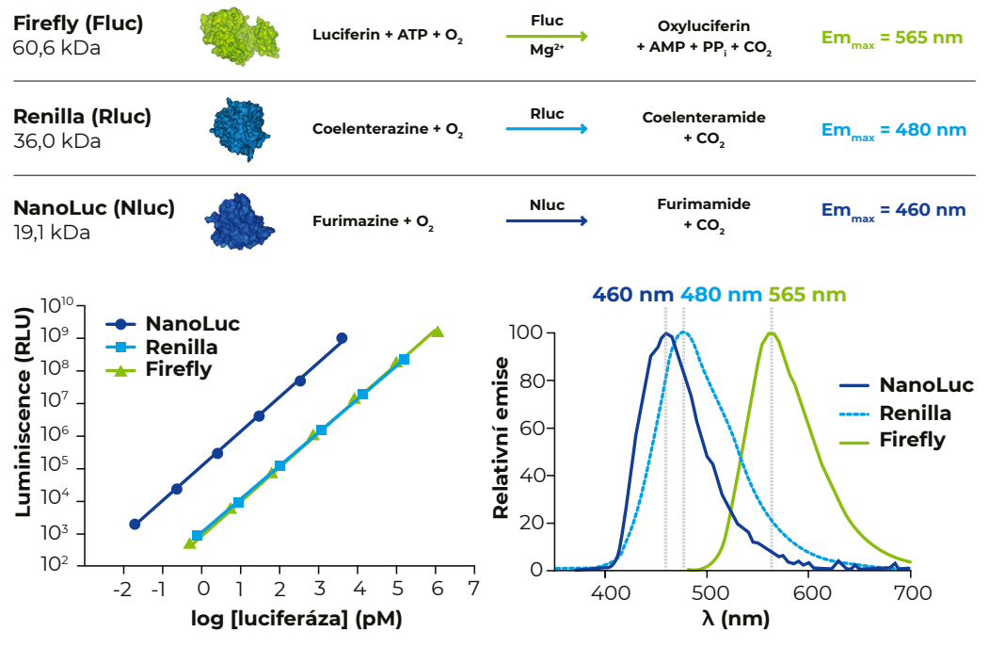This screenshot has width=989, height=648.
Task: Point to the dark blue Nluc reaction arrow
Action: click(547, 222)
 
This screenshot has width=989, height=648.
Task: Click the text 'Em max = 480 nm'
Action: click(893, 130)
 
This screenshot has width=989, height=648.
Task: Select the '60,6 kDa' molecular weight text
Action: click(57, 47)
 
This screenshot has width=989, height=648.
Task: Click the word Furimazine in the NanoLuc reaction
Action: click(356, 222)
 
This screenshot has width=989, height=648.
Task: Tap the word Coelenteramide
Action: click(704, 118)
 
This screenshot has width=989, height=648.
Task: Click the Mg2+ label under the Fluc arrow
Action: click(547, 53)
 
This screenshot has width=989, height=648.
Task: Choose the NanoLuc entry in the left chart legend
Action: click(192, 324)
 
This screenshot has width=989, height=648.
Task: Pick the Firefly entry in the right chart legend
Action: click(912, 439)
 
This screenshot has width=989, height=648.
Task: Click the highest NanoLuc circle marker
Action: click(342, 338)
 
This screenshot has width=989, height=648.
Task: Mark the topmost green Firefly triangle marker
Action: click(437, 331)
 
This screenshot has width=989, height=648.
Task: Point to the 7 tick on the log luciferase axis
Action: click(473, 591)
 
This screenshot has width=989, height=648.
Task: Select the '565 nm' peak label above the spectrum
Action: click(807, 295)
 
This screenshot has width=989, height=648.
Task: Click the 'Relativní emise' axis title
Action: click(502, 437)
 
